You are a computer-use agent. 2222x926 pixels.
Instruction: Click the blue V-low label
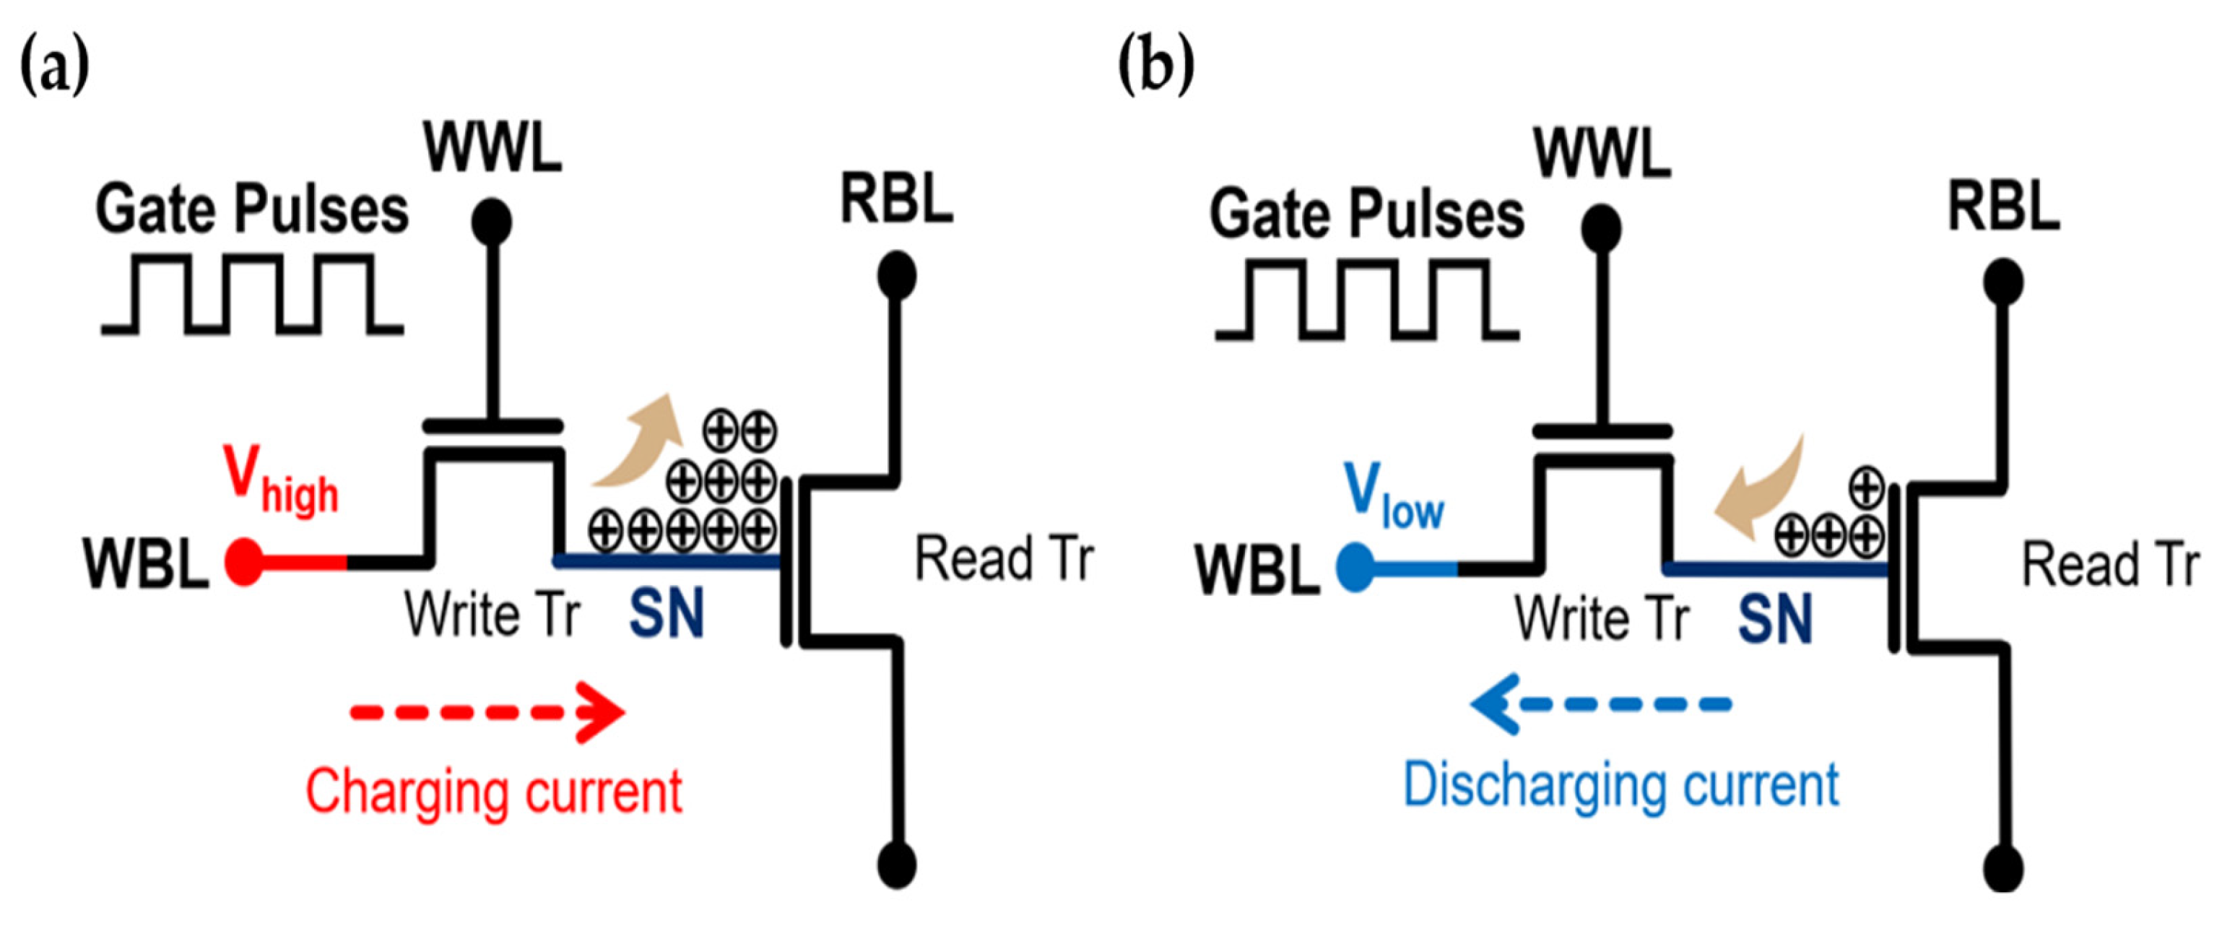pos(1392,496)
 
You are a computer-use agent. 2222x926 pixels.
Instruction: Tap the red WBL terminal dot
pos(243,562)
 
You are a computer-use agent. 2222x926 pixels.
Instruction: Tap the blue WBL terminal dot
pos(1355,567)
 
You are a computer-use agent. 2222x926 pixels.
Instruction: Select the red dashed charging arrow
pos(487,712)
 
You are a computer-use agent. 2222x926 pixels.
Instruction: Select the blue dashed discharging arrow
pos(1601,704)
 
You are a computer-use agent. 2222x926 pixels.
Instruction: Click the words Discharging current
pos(1620,785)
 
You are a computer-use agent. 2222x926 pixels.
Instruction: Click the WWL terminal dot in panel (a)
pos(492,222)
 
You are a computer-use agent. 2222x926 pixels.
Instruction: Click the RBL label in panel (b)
pos(2004,207)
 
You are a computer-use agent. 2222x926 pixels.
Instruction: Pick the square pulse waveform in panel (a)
pos(252,294)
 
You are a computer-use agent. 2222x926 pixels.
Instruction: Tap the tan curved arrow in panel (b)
pos(1756,492)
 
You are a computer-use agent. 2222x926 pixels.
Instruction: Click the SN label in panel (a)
pos(666,613)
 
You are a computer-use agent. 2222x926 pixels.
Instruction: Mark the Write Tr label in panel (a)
pos(492,615)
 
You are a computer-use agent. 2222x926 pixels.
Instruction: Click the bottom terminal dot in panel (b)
pos(2003,867)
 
